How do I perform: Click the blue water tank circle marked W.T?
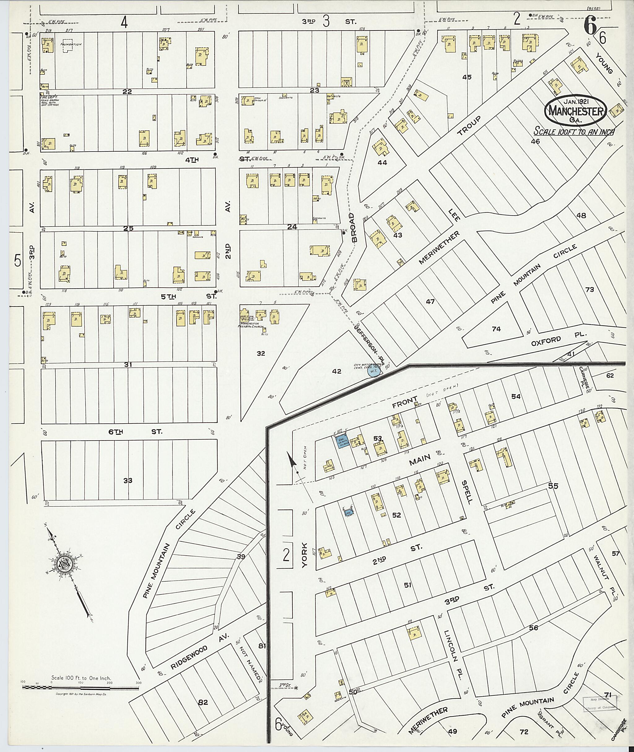click(374, 371)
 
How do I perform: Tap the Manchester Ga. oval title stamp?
click(576, 110)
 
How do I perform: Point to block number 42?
click(337, 371)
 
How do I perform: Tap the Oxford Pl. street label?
click(558, 338)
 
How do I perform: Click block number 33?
click(128, 480)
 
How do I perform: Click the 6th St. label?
click(135, 432)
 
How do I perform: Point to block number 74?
click(496, 328)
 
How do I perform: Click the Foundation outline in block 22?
click(71, 46)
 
